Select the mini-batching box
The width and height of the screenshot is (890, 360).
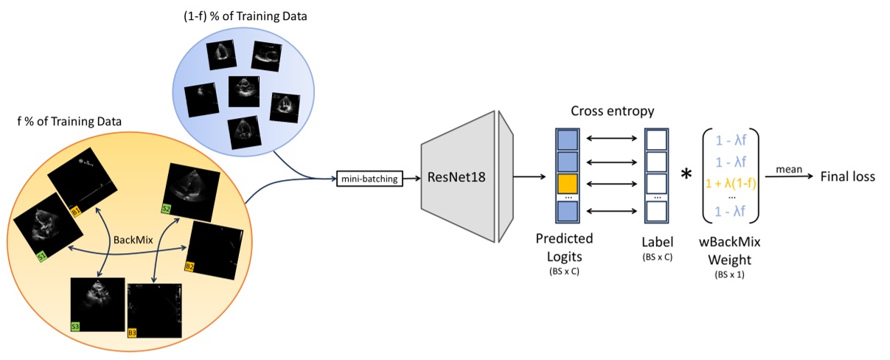369,178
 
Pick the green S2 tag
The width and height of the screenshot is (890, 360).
167,209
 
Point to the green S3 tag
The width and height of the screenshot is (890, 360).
75,325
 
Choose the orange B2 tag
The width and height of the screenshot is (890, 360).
190,266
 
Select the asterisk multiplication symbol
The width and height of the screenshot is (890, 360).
686,175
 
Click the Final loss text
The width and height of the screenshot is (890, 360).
848,178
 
